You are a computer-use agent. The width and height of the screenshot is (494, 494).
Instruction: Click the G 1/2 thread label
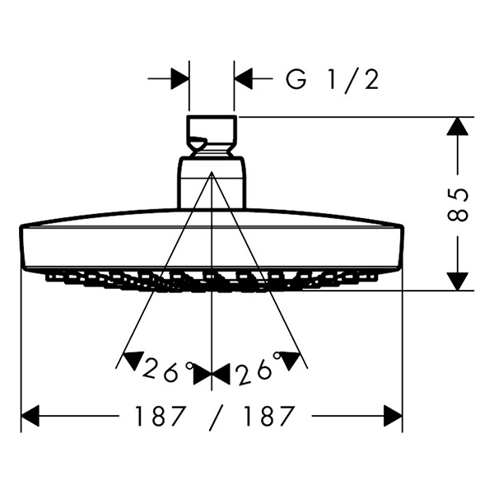pos(332,80)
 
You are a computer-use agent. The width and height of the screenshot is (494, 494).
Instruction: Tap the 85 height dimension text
pos(458,205)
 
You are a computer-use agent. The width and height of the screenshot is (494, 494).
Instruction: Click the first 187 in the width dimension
pos(160,416)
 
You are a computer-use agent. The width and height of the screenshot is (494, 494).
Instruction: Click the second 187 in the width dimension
pos(270,416)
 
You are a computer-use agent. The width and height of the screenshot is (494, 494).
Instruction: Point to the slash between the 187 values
pos(216,417)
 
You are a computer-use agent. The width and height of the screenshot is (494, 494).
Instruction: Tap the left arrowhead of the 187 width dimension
pos(30,416)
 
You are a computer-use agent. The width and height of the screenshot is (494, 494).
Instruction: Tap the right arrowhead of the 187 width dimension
pos(393,416)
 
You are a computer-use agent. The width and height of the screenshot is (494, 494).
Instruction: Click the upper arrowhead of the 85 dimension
pos(458,126)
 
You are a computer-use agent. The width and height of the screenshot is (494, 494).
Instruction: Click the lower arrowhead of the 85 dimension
pos(458,282)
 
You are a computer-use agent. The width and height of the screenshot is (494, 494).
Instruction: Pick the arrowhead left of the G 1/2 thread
pos(179,78)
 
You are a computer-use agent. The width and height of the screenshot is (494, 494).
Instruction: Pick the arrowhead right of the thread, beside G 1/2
pos(244,78)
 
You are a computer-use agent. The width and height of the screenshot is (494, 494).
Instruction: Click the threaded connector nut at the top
pos(212,136)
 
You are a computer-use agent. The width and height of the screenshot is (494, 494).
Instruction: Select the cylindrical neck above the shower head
pos(212,183)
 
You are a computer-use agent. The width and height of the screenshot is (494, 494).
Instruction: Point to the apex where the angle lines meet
pos(212,172)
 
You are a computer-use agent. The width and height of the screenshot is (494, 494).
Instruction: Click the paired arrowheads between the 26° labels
pos(212,375)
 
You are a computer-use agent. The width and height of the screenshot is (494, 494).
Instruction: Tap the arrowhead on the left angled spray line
pos(133,359)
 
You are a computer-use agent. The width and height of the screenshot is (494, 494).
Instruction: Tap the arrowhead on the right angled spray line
pos(291,359)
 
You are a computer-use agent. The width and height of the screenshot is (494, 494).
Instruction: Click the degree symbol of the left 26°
pos(189,366)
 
